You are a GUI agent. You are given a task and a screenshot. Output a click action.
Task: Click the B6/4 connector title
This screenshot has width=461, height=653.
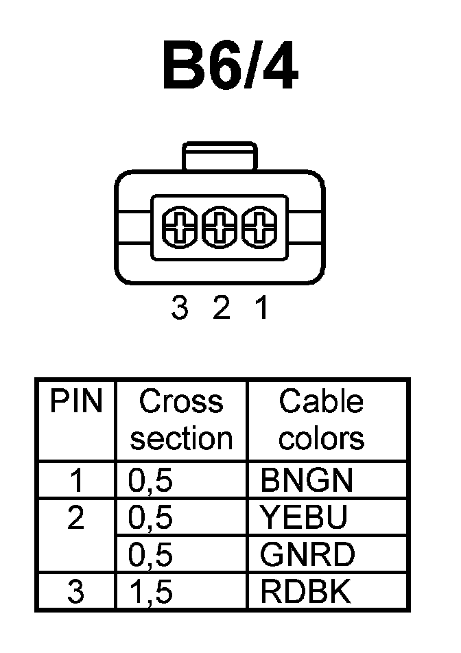pos(230,67)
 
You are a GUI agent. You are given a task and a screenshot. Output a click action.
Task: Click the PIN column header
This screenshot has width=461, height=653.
pos(75,402)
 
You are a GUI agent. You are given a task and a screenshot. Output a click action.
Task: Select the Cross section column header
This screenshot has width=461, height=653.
pos(181,420)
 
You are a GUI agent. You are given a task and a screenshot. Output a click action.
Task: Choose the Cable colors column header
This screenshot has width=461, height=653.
pos(321,420)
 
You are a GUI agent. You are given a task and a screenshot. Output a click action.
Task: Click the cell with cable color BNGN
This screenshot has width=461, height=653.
pos(306,481)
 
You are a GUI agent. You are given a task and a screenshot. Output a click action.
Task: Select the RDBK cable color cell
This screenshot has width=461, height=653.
pos(306,592)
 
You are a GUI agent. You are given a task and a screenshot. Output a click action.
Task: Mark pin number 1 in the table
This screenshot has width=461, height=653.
pos(76,481)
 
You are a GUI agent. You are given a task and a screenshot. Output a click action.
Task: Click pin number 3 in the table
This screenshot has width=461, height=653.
pos(75,592)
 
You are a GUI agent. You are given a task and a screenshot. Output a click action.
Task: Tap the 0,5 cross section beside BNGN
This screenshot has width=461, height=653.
pos(150,482)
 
